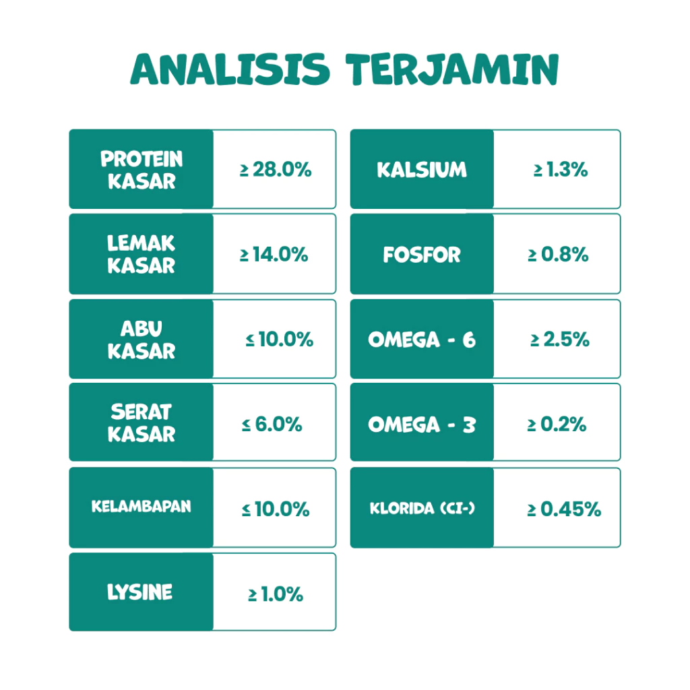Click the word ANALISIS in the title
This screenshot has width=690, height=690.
tap(230, 69)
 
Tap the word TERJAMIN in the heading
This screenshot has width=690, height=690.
tap(452, 69)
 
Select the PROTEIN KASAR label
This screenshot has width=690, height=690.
tap(142, 170)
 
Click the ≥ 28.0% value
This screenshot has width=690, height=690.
tap(276, 169)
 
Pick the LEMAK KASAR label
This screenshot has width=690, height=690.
tap(142, 254)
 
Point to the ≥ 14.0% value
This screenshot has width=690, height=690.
tap(274, 254)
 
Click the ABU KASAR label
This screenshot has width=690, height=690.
tap(142, 340)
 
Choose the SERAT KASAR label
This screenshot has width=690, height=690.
tap(142, 423)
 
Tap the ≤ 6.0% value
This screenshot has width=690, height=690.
tap(272, 425)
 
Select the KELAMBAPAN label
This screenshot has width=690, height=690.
tap(142, 507)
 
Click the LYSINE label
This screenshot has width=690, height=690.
tap(140, 592)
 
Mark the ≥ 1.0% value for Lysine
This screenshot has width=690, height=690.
tap(276, 594)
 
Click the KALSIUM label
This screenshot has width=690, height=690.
tap(422, 170)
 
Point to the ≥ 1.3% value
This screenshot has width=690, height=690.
tap(561, 169)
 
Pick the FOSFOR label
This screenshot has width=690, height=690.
tap(422, 255)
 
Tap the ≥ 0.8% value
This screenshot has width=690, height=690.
tap(559, 254)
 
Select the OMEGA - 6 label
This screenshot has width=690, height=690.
tap(422, 340)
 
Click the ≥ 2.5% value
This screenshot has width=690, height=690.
tap(560, 340)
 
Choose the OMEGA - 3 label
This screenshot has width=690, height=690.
tap(422, 425)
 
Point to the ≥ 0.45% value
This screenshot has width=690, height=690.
tap(564, 509)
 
